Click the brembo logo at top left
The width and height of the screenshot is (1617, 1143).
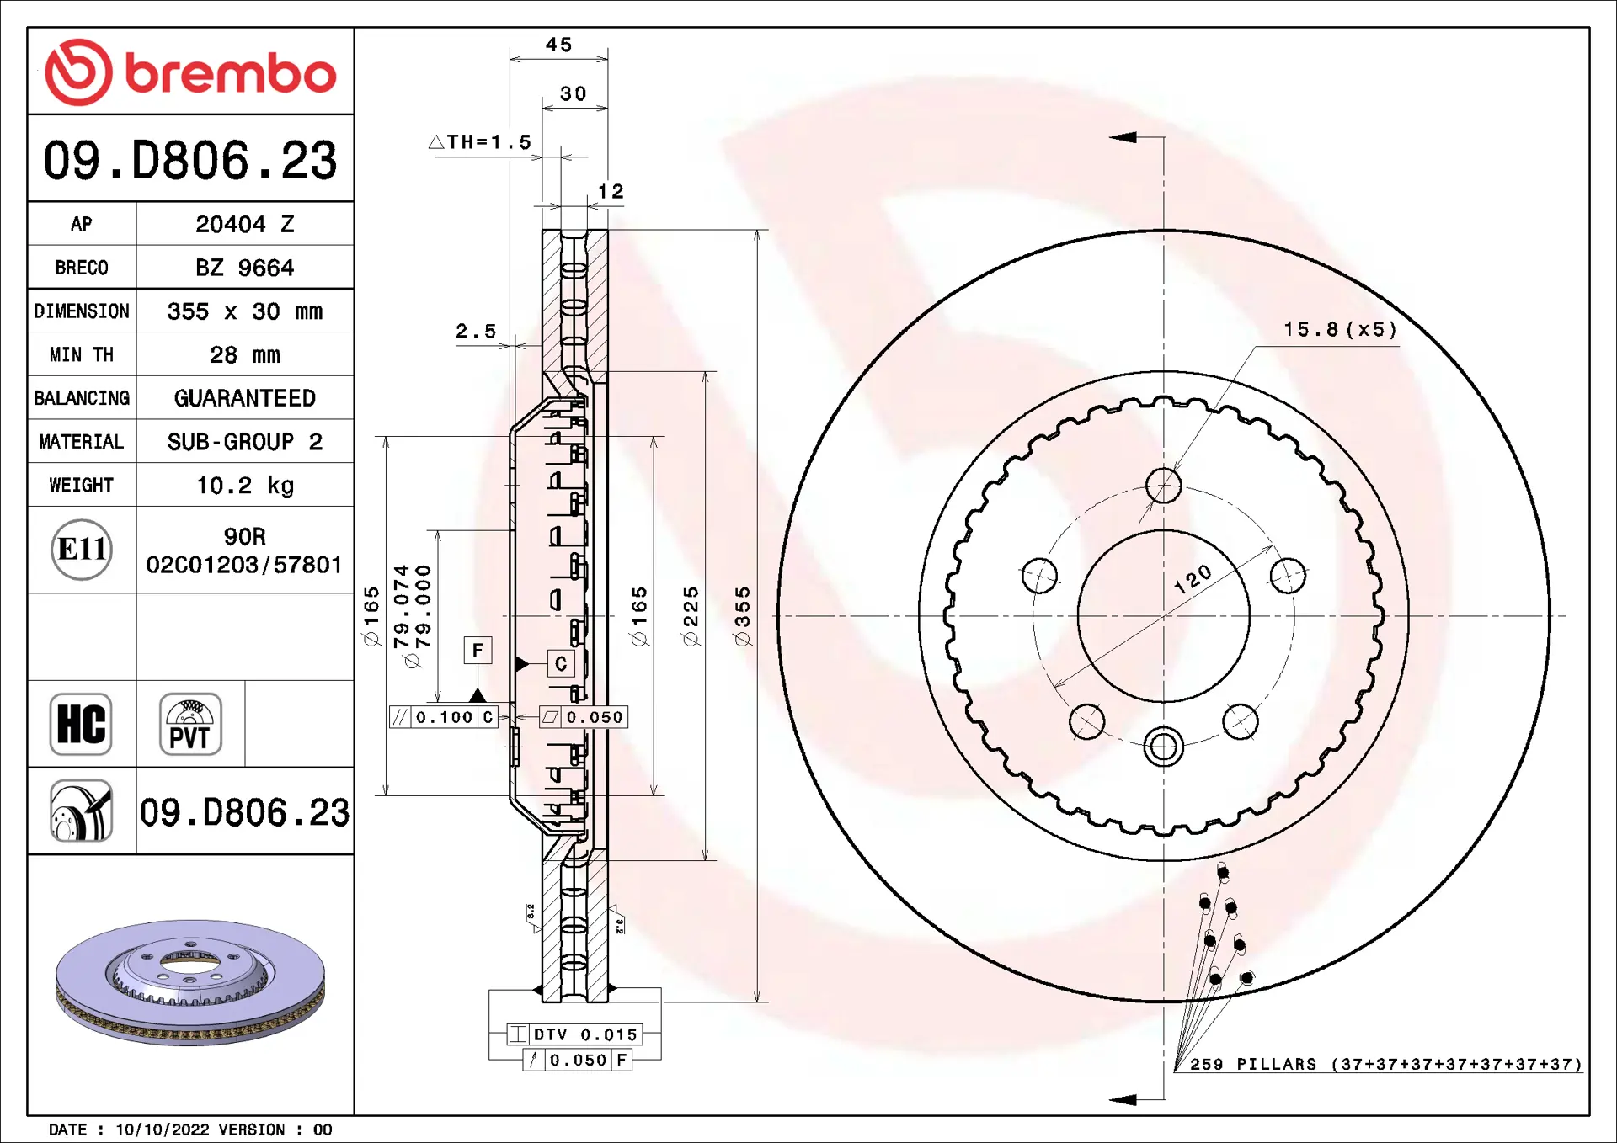tap(190, 72)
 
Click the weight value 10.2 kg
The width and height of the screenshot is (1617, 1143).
tap(245, 486)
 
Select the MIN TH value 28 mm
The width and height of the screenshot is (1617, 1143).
tap(245, 354)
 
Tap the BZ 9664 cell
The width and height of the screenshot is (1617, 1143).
tap(245, 268)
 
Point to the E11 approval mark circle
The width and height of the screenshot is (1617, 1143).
tap(82, 550)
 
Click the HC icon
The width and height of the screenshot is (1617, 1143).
tap(81, 724)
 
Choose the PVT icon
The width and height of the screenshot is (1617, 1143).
tap(190, 724)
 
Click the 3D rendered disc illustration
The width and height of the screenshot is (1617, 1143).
tap(190, 981)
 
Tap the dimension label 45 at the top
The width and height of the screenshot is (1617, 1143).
tap(558, 45)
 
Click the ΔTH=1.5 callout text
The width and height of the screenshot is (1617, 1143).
tap(480, 142)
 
